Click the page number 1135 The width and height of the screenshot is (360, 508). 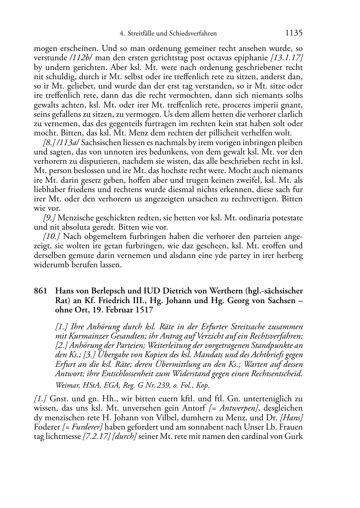click(294, 33)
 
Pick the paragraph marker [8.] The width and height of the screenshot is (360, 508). click(49, 142)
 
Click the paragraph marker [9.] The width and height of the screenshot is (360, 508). click(49, 217)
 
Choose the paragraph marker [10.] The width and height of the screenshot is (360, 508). click(51, 236)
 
